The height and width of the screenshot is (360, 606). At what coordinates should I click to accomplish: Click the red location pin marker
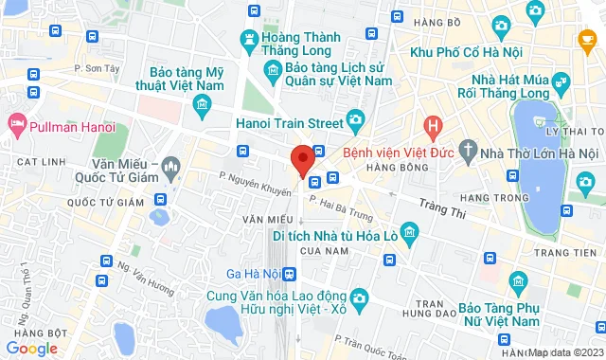(x=303, y=159)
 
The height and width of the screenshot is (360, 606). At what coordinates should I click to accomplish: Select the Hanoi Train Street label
(x=289, y=120)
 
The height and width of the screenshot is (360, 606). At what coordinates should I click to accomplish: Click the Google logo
(x=31, y=349)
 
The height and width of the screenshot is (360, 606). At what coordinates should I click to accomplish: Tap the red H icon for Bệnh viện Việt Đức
(x=433, y=124)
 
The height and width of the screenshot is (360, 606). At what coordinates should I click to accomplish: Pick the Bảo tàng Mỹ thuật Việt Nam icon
(x=200, y=106)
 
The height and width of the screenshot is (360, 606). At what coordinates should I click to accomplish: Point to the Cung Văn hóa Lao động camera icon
(x=359, y=299)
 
